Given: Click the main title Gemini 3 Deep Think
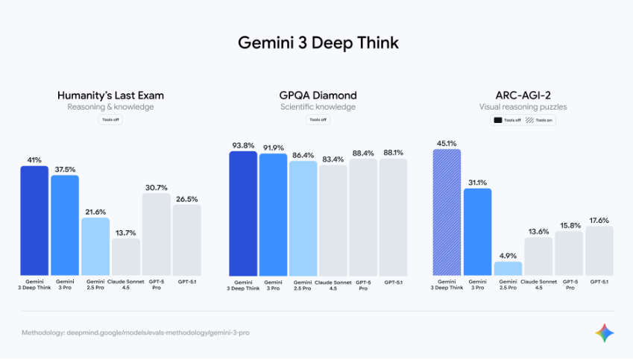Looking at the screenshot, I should click(318, 42).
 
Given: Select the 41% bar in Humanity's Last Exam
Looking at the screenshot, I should click(34, 220).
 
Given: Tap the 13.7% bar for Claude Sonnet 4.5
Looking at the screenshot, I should click(126, 256).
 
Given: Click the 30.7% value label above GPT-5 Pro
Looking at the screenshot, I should click(156, 187).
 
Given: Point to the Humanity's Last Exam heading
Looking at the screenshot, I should click(110, 95).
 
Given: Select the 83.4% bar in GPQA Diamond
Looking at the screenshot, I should click(333, 220).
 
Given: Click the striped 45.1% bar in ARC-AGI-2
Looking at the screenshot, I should click(447, 212).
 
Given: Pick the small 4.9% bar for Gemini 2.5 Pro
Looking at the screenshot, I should click(508, 268).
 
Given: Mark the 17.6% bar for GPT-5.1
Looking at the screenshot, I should click(599, 250).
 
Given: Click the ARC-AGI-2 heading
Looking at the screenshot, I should click(523, 95).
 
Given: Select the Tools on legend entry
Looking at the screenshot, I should click(541, 120).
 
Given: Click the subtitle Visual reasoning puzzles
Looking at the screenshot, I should click(523, 107).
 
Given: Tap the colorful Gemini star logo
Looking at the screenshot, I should click(605, 332).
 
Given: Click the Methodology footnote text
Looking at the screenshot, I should click(135, 332).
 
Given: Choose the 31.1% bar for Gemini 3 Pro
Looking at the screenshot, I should click(477, 231).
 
